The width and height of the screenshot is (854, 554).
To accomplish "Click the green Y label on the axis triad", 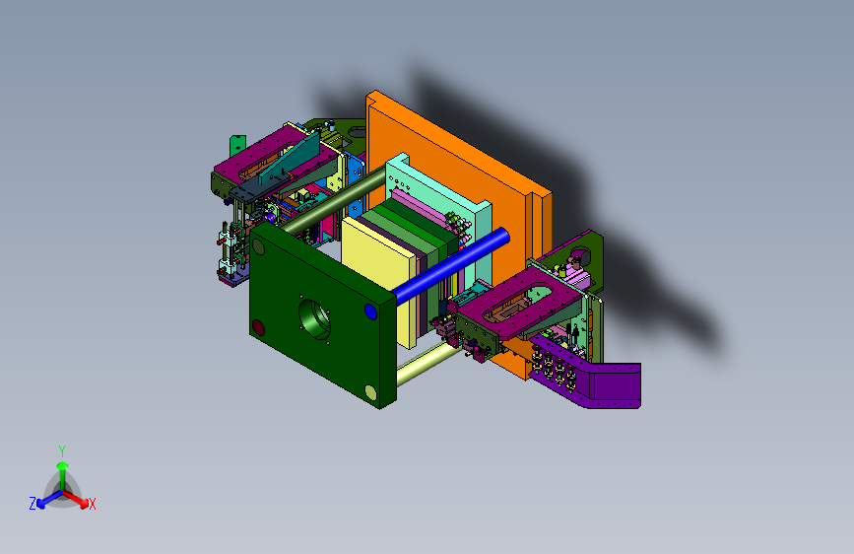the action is point(62,451).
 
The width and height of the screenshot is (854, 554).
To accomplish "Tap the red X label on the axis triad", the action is point(92,505).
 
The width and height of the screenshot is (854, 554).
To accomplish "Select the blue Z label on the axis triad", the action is point(33,504).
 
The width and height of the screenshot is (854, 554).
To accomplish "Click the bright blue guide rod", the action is point(451,265).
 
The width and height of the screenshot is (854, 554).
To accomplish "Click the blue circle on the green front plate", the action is point(370,312).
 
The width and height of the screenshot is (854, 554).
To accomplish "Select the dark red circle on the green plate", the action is point(258,327).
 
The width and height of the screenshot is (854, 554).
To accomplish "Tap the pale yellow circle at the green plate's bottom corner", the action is point(370,392).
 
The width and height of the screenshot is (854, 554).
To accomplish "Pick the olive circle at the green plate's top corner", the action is point(258,247).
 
